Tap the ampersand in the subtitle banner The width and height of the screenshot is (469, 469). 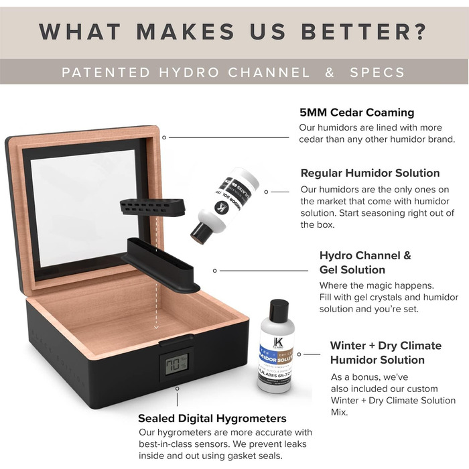pos(329,72)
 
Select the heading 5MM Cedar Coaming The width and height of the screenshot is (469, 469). pos(356,112)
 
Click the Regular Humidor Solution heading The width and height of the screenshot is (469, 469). pos(370,173)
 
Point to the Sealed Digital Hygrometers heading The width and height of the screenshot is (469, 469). pos(212,419)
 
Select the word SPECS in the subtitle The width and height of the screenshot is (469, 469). pos(378,72)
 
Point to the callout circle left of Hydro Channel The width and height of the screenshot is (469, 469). pos(214,271)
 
